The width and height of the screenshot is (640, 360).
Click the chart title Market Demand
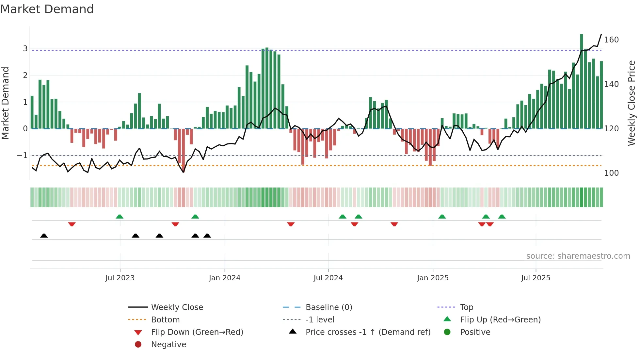47,9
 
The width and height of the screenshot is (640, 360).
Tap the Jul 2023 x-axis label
120,278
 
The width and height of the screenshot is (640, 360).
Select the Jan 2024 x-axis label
225,278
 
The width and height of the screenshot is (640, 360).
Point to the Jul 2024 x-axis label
328,278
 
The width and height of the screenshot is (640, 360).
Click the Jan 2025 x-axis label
433,278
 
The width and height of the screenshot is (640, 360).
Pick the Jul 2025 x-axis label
536,278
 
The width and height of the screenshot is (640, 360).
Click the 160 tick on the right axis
611,40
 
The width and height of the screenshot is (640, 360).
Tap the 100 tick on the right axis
611,173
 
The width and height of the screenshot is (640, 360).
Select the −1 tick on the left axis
22,155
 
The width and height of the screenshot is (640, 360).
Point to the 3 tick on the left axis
25,49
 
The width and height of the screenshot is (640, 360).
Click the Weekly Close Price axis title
632,103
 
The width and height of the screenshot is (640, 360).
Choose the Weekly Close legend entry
177,307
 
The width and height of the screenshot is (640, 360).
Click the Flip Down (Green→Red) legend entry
197,332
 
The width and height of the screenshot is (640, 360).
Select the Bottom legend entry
165,320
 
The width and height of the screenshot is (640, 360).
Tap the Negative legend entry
168,345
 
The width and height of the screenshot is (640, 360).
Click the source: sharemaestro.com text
578,256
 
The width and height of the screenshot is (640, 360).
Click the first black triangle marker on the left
44,236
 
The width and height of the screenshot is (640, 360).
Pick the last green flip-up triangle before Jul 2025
502,217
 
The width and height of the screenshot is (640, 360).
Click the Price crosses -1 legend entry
368,332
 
